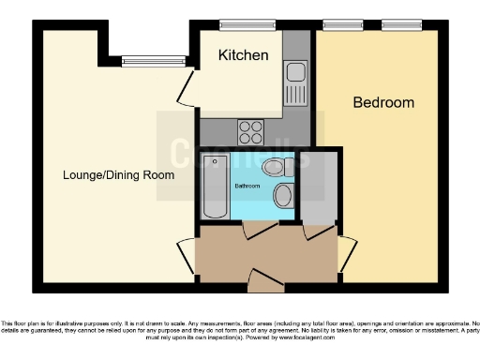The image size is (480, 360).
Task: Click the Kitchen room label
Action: click(243, 55)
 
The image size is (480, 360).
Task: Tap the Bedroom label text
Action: click(382, 103)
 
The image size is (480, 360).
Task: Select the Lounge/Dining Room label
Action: click(118, 175)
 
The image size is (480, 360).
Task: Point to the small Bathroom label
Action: click(247, 185)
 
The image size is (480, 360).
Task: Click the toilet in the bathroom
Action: click(276, 168)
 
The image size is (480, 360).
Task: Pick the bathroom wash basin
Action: click(283, 196)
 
